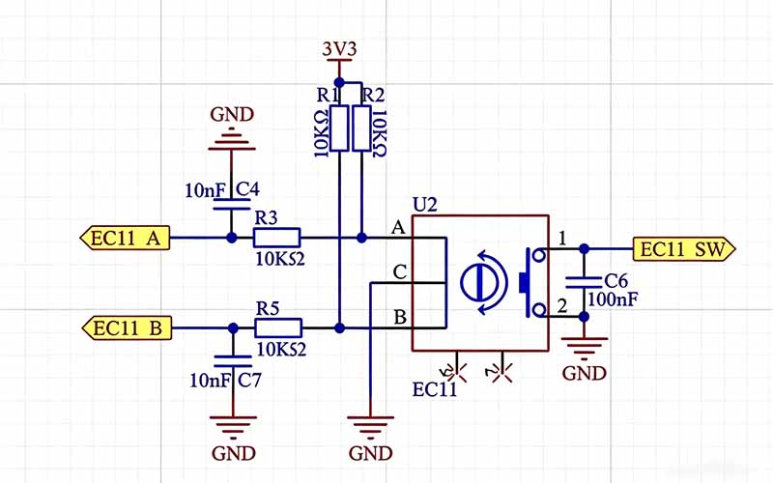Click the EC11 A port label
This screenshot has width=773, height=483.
pyautogui.click(x=126, y=237)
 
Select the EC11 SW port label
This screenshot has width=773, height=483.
pyautogui.click(x=683, y=249)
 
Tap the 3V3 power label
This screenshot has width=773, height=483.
pyautogui.click(x=338, y=48)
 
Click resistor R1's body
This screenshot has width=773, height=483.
pyautogui.click(x=338, y=129)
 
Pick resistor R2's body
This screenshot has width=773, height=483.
pyautogui.click(x=361, y=129)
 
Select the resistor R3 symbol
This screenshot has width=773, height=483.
pyautogui.click(x=277, y=237)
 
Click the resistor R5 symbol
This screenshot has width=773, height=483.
pyautogui.click(x=278, y=328)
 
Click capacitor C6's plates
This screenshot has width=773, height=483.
pyautogui.click(x=584, y=282)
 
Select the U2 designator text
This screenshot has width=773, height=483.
pyautogui.click(x=425, y=205)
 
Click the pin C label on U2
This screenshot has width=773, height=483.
pyautogui.click(x=397, y=273)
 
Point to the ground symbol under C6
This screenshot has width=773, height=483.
pyautogui.click(x=584, y=345)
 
